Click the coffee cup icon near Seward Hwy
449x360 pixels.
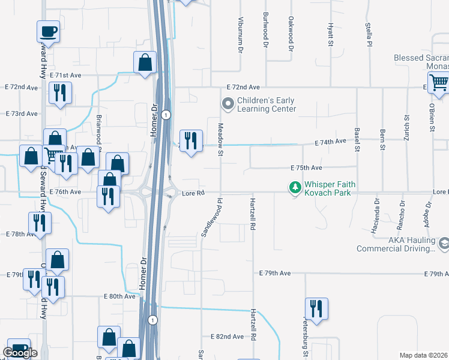click(x=48, y=31)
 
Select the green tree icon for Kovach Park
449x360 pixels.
click(x=295, y=188)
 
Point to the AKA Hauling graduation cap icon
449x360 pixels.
click(x=444, y=244)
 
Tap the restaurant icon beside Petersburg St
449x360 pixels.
click(x=316, y=308)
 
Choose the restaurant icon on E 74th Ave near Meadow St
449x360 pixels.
click(x=191, y=141)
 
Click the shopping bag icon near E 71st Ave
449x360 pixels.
click(x=145, y=62)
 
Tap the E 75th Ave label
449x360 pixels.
click(x=306, y=168)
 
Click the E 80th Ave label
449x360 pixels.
click(x=119, y=296)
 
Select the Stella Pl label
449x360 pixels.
click(x=368, y=35)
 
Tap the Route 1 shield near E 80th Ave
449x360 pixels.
click(x=153, y=319)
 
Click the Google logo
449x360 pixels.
click(x=20, y=353)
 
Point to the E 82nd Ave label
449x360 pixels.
click(x=227, y=337)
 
